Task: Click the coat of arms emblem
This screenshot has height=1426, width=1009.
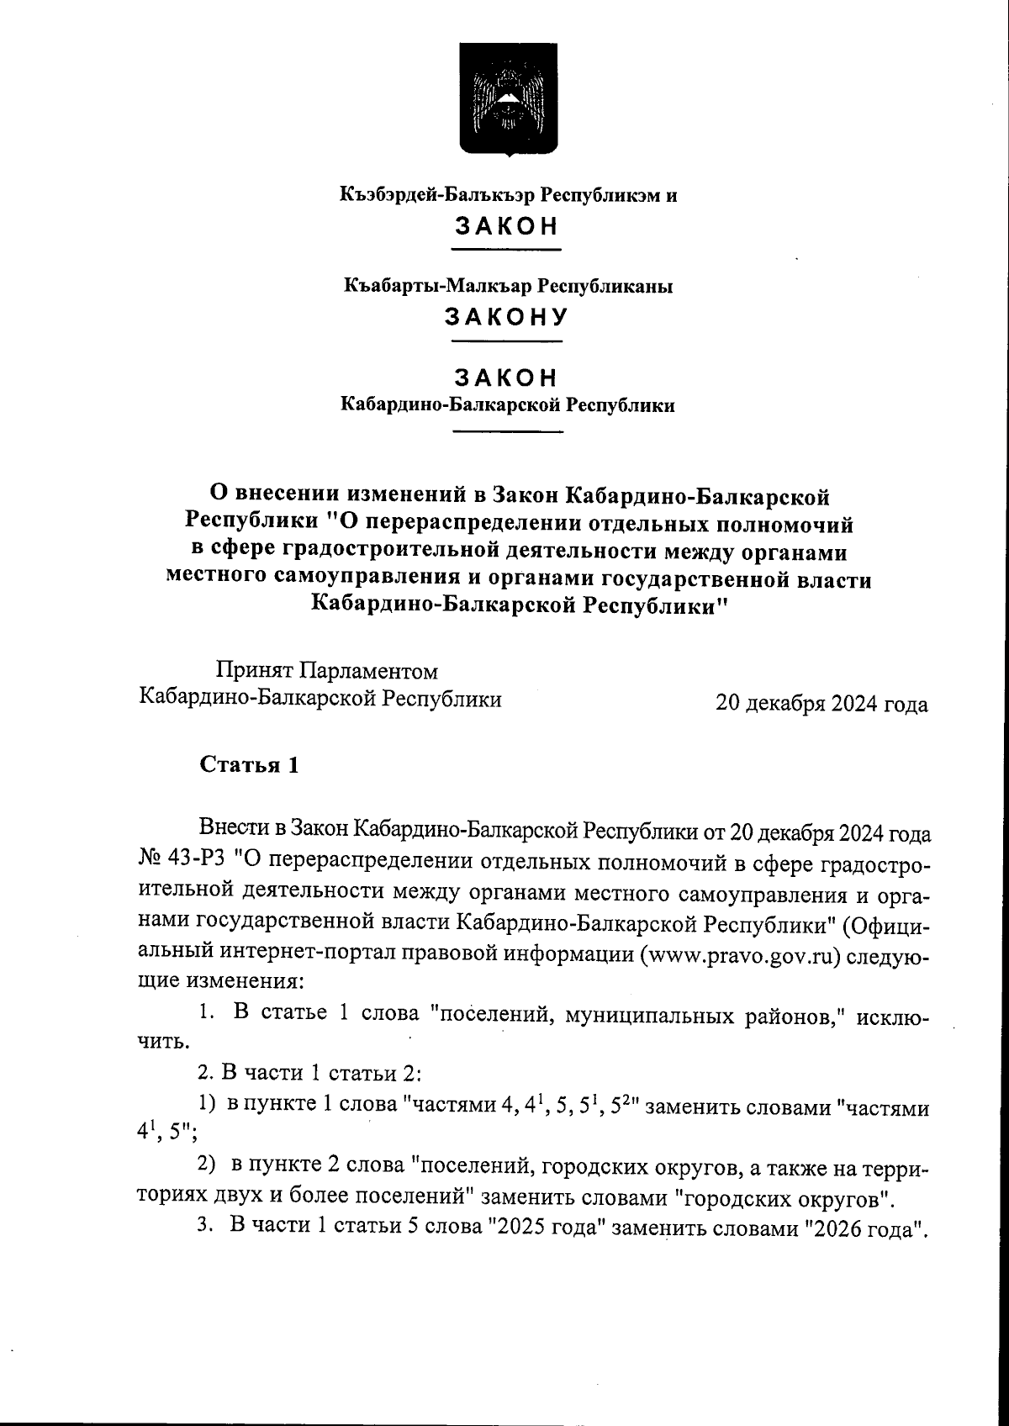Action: [507, 98]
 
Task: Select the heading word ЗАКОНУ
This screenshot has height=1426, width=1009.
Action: [507, 318]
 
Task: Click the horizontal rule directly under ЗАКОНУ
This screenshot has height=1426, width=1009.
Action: [507, 341]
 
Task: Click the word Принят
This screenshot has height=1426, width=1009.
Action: [252, 671]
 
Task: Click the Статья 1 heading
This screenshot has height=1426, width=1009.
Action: [249, 765]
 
